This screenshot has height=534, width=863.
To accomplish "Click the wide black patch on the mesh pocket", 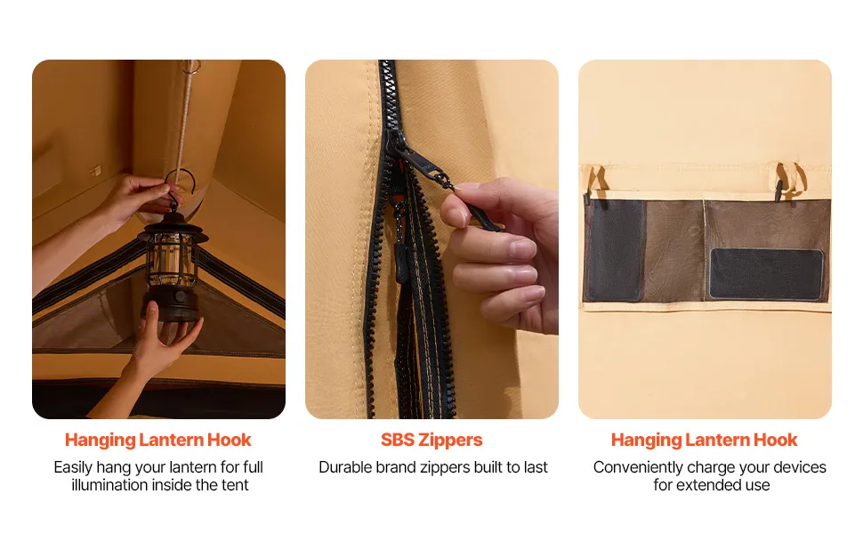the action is pyautogui.click(x=766, y=273).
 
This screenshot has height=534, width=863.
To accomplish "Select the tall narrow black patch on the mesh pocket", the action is pyautogui.click(x=616, y=249).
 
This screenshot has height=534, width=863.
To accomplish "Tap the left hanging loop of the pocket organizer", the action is pyautogui.click(x=595, y=181).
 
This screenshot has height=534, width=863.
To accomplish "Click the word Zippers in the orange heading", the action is pyautogui.click(x=450, y=440).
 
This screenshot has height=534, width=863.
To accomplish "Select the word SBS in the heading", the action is pyautogui.click(x=397, y=440).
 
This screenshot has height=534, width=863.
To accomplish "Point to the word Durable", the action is pyautogui.click(x=345, y=467).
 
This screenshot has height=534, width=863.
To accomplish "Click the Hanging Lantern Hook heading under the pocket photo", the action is pyautogui.click(x=704, y=440).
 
